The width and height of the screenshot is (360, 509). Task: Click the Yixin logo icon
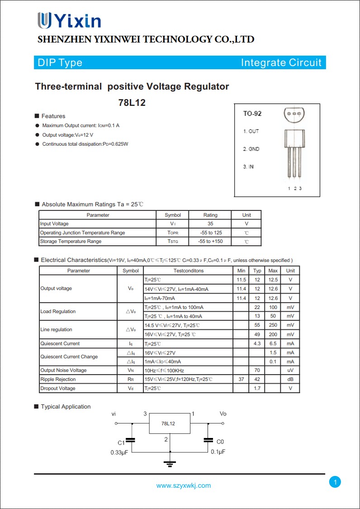pyautogui.click(x=45, y=21)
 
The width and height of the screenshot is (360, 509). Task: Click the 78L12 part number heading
pyautogui.click(x=132, y=103)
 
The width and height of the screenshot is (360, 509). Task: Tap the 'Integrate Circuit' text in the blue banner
pyautogui.click(x=281, y=62)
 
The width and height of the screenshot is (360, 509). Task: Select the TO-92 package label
pyautogui.click(x=252, y=114)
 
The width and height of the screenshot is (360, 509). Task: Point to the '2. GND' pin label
pyautogui.click(x=251, y=149)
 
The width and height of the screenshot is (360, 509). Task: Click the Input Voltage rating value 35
pyautogui.click(x=210, y=224)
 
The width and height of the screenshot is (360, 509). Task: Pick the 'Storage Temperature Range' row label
pyautogui.click(x=71, y=241)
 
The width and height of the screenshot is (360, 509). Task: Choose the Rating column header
pyautogui.click(x=210, y=215)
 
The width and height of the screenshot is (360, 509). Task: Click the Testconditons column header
pyautogui.click(x=188, y=271)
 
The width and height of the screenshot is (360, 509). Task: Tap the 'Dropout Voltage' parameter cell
pyautogui.click(x=58, y=388)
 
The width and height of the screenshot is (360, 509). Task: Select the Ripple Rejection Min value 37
pyautogui.click(x=241, y=379)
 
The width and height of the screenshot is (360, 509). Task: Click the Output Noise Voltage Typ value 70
pyautogui.click(x=257, y=370)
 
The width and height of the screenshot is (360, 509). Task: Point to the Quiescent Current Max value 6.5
pyautogui.click(x=273, y=343)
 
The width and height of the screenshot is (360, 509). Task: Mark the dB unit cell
pyautogui.click(x=290, y=379)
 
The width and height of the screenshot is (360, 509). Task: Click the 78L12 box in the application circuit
pyautogui.click(x=169, y=423)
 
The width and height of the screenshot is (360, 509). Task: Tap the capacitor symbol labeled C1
pyautogui.click(x=131, y=439)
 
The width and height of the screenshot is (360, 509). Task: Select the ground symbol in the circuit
pyautogui.click(x=170, y=463)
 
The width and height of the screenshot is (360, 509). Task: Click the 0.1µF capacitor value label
pyautogui.click(x=218, y=452)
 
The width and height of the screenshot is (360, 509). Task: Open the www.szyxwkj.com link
pyautogui.click(x=184, y=485)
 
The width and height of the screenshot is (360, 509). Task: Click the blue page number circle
pyautogui.click(x=335, y=482)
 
